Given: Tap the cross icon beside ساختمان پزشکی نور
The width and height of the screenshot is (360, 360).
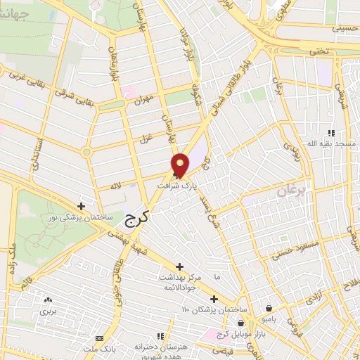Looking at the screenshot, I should [x=82, y=206].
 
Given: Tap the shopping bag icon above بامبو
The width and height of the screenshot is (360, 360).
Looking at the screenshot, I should [x=271, y=308].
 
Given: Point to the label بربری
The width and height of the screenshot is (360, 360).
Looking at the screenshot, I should [x=48, y=310].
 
